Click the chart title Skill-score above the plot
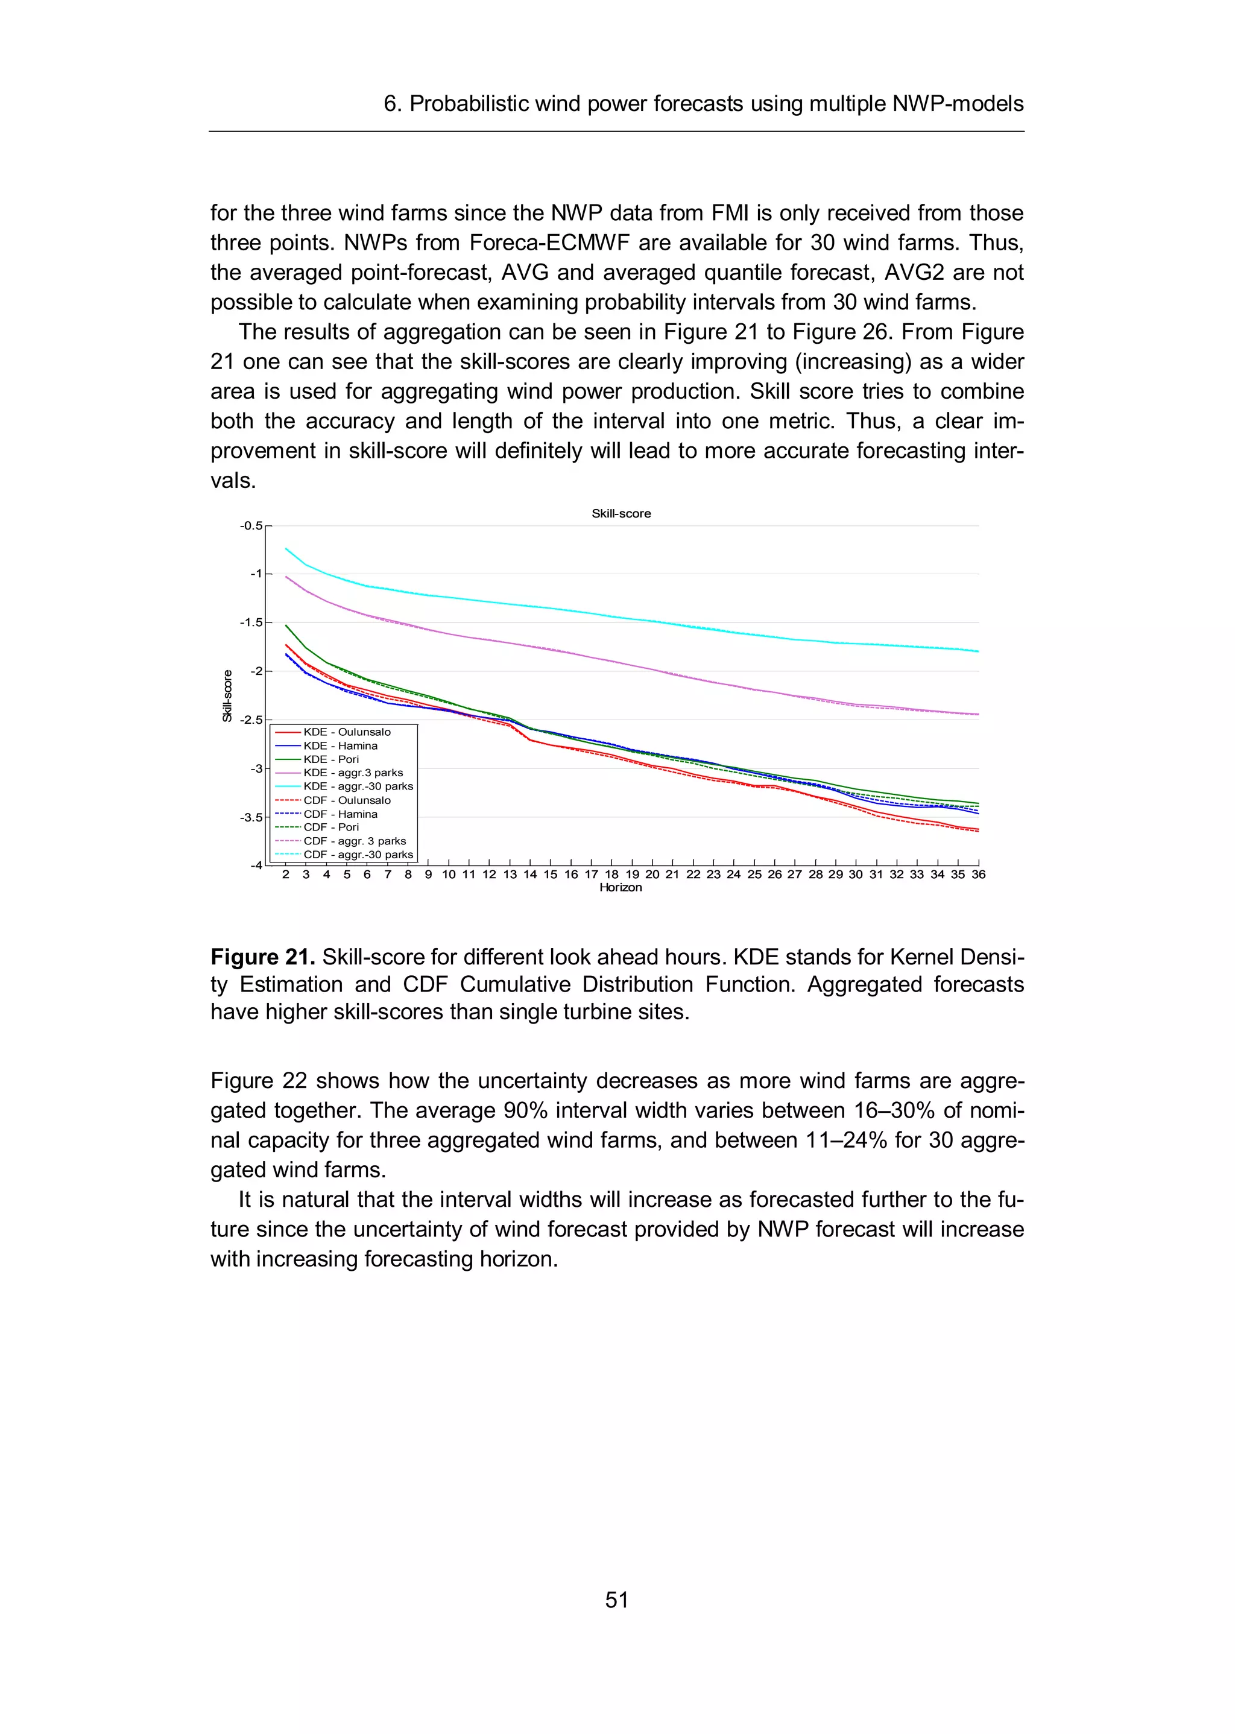(621, 513)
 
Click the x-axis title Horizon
(620, 888)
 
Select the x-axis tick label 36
(978, 875)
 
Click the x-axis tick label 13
(510, 875)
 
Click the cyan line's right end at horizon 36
(978, 651)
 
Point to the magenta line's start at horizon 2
(286, 577)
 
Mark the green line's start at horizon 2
(286, 625)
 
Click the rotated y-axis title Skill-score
(227, 695)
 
